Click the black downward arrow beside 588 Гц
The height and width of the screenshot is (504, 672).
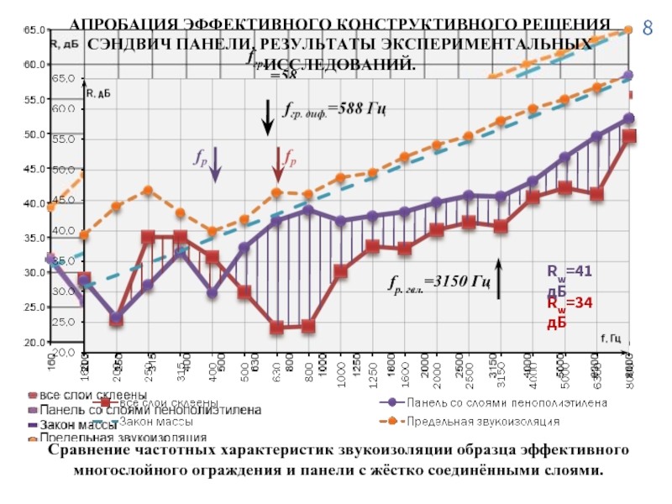tap(267, 117)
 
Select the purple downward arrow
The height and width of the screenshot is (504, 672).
tap(215, 164)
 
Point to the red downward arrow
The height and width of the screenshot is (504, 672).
tap(278, 164)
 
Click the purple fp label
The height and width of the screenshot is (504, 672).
tap(202, 158)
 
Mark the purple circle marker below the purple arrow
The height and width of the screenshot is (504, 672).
tap(212, 293)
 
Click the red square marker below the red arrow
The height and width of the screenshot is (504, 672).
tap(276, 328)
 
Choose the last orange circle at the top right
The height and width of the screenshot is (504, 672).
tap(627, 30)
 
